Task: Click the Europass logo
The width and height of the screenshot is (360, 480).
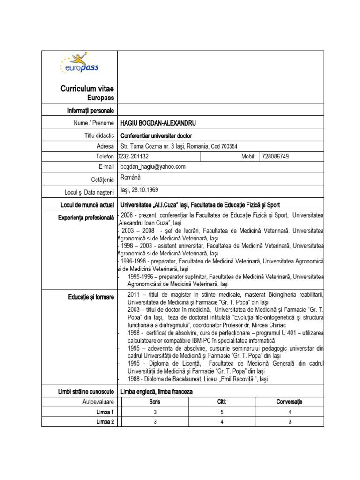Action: (x=79, y=65)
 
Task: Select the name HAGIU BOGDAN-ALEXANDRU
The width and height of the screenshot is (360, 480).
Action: (x=158, y=123)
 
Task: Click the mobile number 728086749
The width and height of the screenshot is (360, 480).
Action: (x=276, y=156)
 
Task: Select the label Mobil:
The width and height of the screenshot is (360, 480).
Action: (x=248, y=156)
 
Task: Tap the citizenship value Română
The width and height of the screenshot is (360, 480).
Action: (x=130, y=178)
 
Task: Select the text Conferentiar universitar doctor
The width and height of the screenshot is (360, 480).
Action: (x=157, y=135)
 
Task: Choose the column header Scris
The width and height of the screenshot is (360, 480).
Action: (x=155, y=402)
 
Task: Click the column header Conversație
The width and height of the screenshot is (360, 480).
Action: (x=290, y=402)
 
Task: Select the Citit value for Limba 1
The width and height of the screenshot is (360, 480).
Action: (x=222, y=412)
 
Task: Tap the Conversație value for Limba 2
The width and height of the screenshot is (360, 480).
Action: (x=290, y=422)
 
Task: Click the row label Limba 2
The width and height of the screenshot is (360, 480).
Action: (x=105, y=422)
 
